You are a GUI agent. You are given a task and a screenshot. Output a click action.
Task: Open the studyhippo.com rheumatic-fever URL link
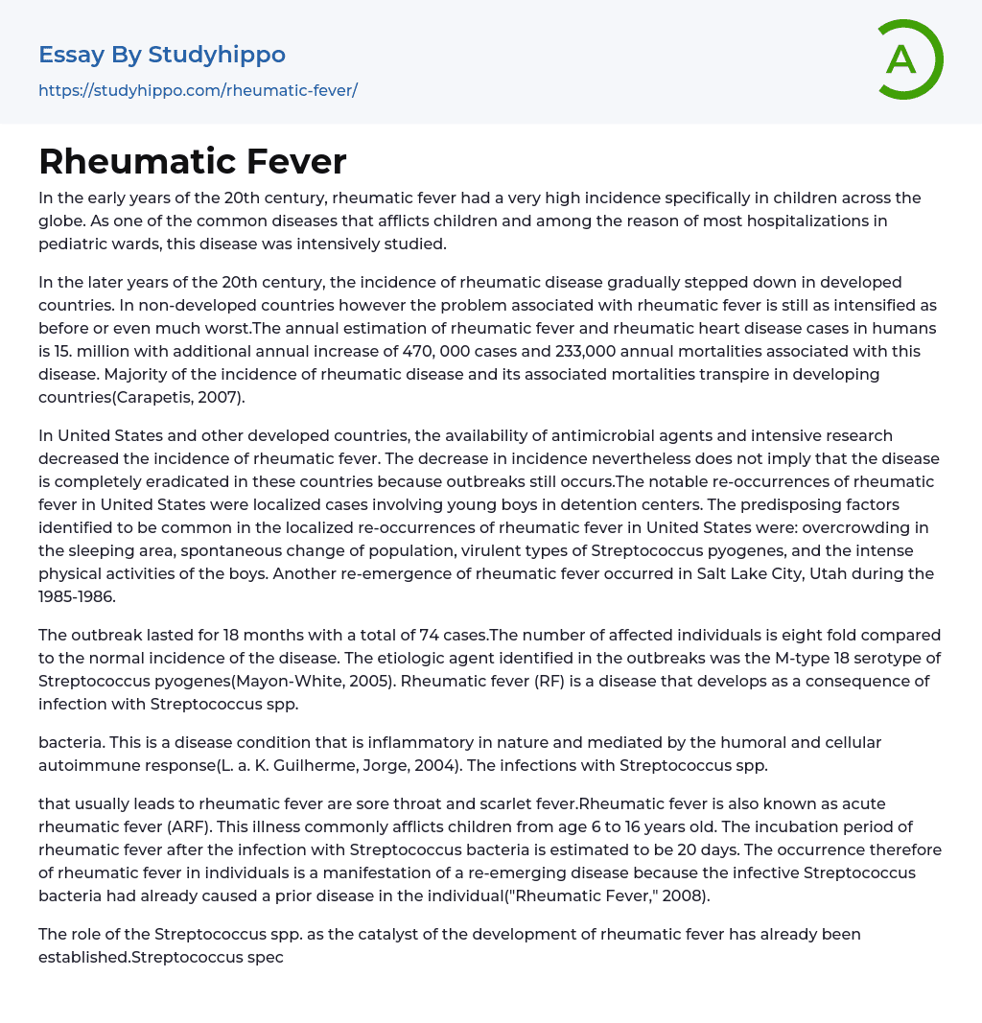tap(198, 90)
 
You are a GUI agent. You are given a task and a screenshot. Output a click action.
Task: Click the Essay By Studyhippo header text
tap(162, 55)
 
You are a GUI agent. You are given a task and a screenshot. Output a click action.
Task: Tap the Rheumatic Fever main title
tap(192, 161)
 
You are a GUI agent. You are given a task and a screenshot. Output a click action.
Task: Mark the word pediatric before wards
tap(76, 244)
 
